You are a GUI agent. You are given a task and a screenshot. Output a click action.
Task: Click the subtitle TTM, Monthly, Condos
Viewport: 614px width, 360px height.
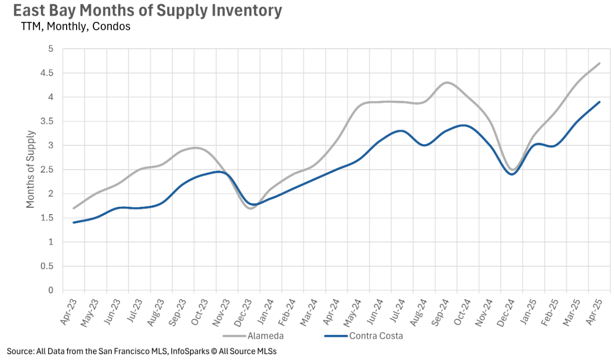[76, 26]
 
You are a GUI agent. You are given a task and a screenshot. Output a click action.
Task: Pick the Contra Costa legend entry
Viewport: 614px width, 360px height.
[376, 336]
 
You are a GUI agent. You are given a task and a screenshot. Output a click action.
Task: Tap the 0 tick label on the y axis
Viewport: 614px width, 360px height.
[51, 290]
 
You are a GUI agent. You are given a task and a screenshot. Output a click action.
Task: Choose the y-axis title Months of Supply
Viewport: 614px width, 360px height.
[30, 170]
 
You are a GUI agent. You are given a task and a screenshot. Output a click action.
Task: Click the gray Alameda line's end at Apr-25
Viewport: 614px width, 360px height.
[599, 63]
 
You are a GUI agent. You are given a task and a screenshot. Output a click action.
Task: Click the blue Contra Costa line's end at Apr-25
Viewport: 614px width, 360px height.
[599, 102]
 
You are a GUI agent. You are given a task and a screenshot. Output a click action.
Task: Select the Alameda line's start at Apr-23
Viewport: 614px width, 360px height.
[73, 208]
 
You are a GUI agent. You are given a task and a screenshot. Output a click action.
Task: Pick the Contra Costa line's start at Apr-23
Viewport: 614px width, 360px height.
[73, 223]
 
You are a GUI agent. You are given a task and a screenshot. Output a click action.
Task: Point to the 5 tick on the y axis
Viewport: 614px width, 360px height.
[51, 49]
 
